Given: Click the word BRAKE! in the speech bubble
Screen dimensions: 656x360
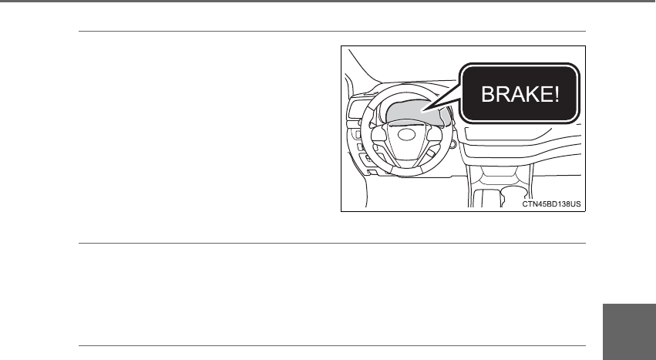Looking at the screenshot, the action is click(518, 94).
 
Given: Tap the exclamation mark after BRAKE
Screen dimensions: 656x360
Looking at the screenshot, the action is click(553, 94).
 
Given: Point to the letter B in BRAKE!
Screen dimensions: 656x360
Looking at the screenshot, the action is click(489, 94).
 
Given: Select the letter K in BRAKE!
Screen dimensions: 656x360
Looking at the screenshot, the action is click(528, 94).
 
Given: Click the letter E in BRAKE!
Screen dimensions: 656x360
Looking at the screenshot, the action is click(542, 94).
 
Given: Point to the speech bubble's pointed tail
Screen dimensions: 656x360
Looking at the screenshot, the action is click(432, 112).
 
